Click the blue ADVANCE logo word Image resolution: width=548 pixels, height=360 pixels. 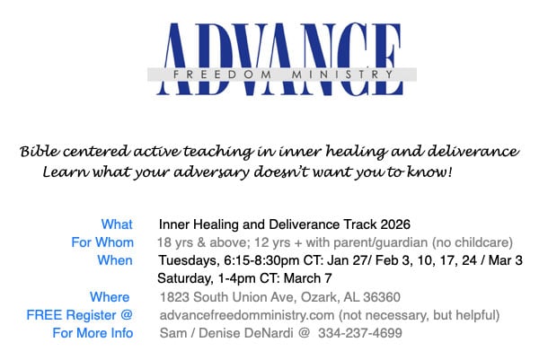pyautogui.click(x=279, y=58)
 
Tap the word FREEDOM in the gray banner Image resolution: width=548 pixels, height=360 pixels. pyautogui.click(x=222, y=75)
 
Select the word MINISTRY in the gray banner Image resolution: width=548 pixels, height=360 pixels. pyautogui.click(x=343, y=75)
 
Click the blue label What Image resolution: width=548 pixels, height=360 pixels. pyautogui.click(x=117, y=224)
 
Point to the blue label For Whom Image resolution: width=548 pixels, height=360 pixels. pyautogui.click(x=102, y=242)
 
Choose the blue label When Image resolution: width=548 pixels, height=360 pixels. pyautogui.click(x=115, y=260)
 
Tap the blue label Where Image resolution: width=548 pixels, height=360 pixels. pyautogui.click(x=110, y=297)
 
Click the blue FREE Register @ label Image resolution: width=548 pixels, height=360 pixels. pyautogui.click(x=79, y=315)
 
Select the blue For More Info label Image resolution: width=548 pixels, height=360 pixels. pyautogui.click(x=93, y=333)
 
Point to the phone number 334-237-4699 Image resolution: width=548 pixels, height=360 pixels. pyautogui.click(x=360, y=333)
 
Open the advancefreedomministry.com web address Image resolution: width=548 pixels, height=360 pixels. pyautogui.click(x=247, y=315)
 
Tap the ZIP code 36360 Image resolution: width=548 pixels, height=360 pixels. pyautogui.click(x=382, y=297)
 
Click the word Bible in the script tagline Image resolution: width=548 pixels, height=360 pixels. pyautogui.click(x=40, y=151)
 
